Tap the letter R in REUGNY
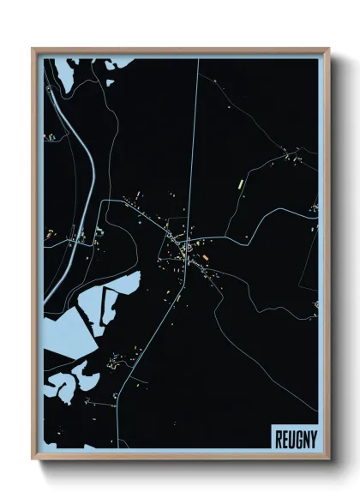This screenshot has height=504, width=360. point(279,439)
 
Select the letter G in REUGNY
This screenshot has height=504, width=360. point(295,439)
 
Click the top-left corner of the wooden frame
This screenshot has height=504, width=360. point(33,50)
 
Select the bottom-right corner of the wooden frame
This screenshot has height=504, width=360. point(328,459)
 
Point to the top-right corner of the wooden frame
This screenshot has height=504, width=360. point(328,50)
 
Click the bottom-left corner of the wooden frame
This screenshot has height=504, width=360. point(33,459)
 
